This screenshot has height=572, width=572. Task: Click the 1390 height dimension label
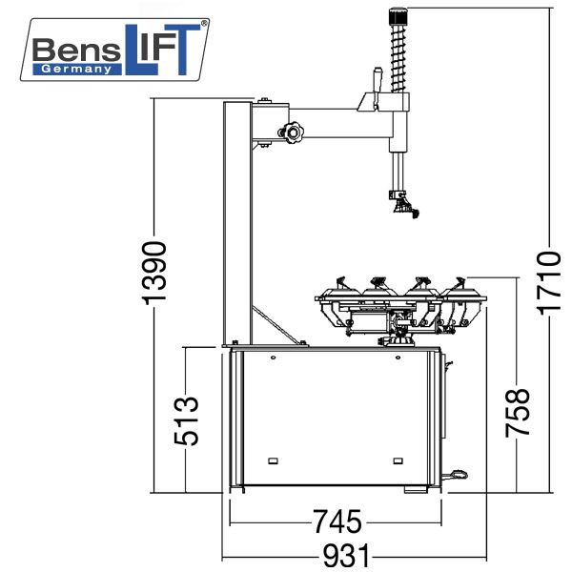[153, 273]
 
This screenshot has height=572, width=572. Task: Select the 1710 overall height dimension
[549, 283]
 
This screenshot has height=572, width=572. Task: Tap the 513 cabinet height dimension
[186, 420]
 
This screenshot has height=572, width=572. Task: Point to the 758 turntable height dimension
[518, 413]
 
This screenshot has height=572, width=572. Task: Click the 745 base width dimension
[337, 522]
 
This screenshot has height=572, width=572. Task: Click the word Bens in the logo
[76, 50]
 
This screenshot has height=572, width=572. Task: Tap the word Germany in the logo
[76, 69]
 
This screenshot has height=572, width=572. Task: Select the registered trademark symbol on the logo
[204, 23]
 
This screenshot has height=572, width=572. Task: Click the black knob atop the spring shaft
[398, 16]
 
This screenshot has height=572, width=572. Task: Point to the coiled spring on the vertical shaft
[398, 58]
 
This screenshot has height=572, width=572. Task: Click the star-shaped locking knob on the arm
[292, 133]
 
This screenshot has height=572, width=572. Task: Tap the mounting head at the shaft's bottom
[404, 205]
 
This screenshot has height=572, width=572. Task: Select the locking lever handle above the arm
[377, 88]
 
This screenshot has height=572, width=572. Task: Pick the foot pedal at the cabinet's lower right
[456, 474]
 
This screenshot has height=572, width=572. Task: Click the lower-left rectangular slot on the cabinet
[273, 460]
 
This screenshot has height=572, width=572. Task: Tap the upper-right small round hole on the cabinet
[398, 357]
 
